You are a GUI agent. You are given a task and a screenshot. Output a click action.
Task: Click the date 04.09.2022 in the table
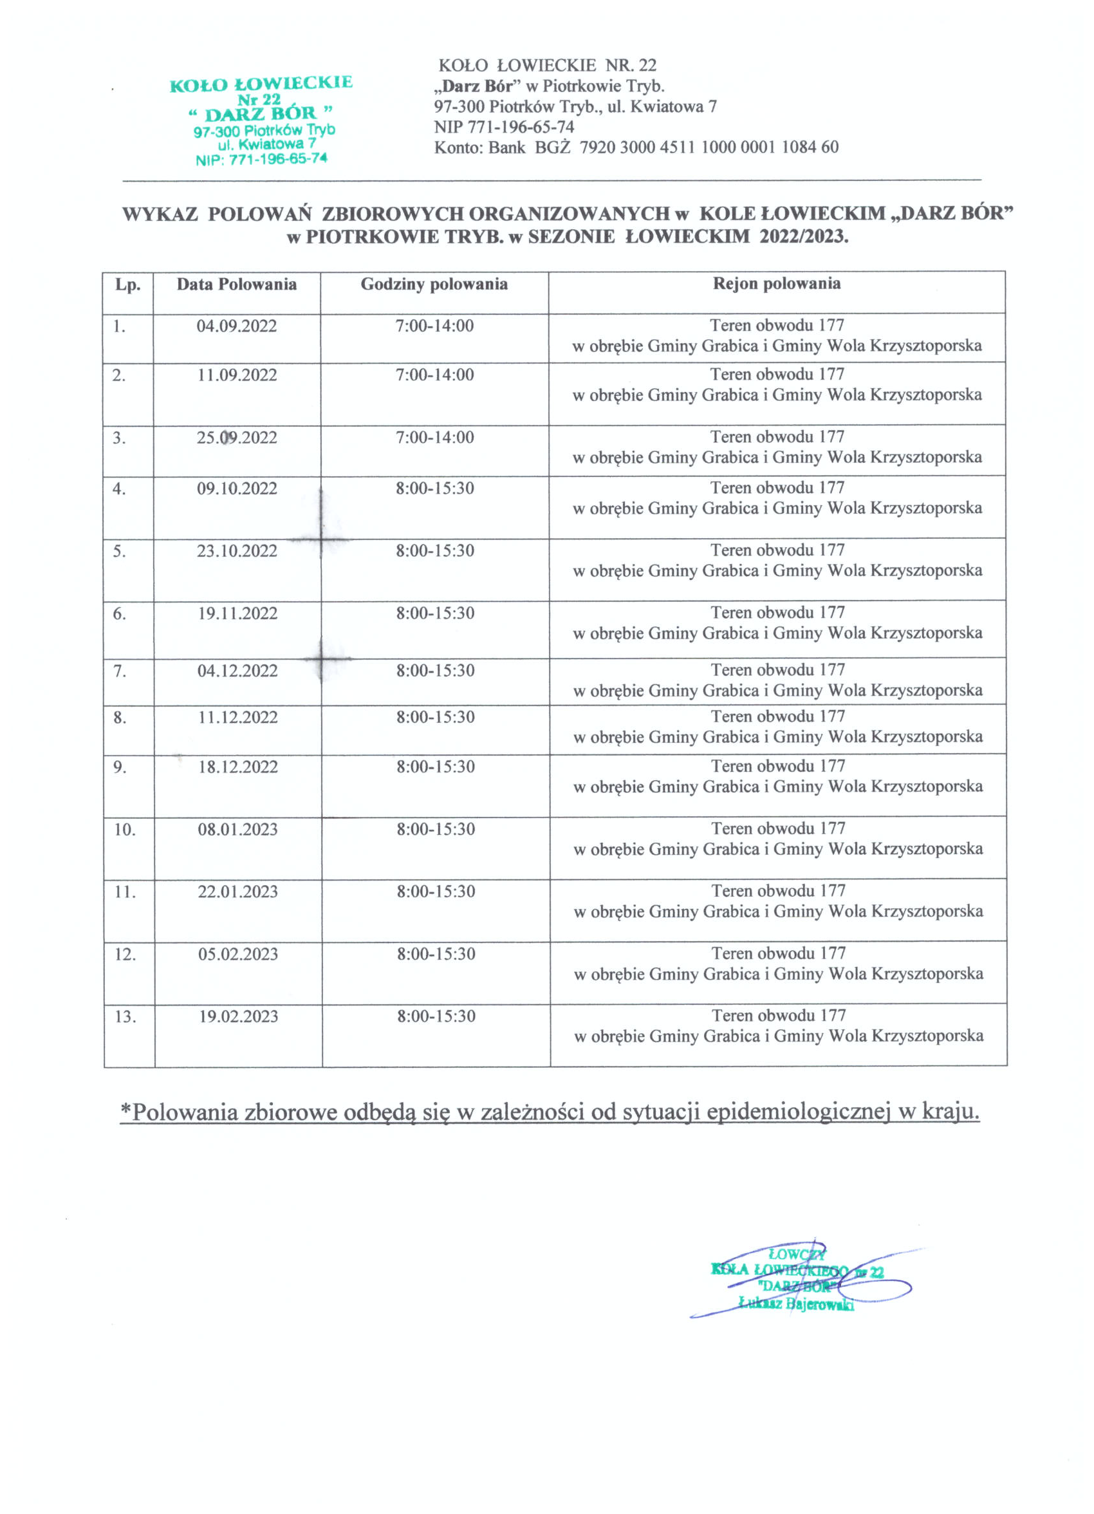[x=236, y=326]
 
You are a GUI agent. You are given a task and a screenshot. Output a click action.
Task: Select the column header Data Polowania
[x=236, y=285]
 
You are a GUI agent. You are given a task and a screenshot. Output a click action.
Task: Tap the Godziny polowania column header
[x=434, y=285]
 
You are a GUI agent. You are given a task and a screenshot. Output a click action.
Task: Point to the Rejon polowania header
[x=776, y=284]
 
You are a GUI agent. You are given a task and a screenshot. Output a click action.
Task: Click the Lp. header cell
[x=127, y=285]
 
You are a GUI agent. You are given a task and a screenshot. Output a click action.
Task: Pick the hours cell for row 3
[x=434, y=438]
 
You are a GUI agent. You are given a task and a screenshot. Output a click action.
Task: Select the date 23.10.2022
[x=236, y=552]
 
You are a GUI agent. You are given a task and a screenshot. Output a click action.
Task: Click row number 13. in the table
[x=125, y=1017]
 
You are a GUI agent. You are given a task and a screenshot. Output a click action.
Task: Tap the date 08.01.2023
[x=237, y=830]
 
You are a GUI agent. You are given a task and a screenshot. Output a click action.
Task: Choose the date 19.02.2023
[x=238, y=1017]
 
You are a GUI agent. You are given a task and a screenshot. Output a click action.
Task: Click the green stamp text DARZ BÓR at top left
[x=261, y=113]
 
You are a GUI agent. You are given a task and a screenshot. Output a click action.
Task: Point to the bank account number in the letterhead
[x=709, y=147]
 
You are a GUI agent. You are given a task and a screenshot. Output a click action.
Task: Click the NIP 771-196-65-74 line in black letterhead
[x=504, y=127]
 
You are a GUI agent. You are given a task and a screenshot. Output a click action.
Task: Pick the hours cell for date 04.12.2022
[x=435, y=671]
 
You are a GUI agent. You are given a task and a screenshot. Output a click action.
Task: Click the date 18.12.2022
[x=237, y=767]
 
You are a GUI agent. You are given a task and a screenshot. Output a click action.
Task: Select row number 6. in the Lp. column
[x=120, y=614]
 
